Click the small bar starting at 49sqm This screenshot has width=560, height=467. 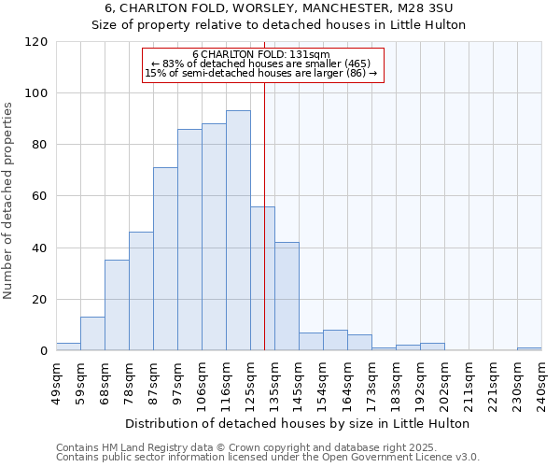[68, 347]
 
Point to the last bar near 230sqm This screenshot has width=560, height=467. [529, 348]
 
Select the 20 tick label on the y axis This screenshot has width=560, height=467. [40, 300]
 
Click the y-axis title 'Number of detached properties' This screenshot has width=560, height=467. [8, 201]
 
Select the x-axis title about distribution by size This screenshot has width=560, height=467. [299, 423]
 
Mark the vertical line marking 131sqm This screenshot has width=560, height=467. [264, 233]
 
